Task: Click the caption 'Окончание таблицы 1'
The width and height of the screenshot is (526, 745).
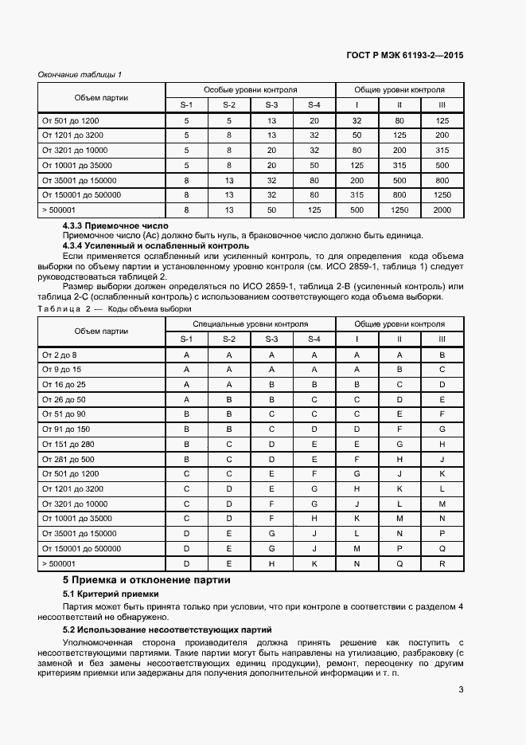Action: pos(80,75)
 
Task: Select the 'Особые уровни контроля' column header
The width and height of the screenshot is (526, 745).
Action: pos(250,90)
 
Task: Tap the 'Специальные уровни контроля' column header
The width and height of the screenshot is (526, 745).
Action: pos(250,323)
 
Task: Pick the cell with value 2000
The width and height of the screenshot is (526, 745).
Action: pos(442,210)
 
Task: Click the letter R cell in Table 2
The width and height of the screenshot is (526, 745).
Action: pos(442,563)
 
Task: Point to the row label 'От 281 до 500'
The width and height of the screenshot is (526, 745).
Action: pos(68,459)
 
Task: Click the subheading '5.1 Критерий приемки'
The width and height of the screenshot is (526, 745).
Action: pos(111,594)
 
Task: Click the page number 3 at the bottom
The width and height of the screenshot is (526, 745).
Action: pos(461,690)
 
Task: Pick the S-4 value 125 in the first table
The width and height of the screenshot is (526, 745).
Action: pos(314,210)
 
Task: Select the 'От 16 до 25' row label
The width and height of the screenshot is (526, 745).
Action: pos(63,384)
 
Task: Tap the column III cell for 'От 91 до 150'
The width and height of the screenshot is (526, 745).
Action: pos(442,429)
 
